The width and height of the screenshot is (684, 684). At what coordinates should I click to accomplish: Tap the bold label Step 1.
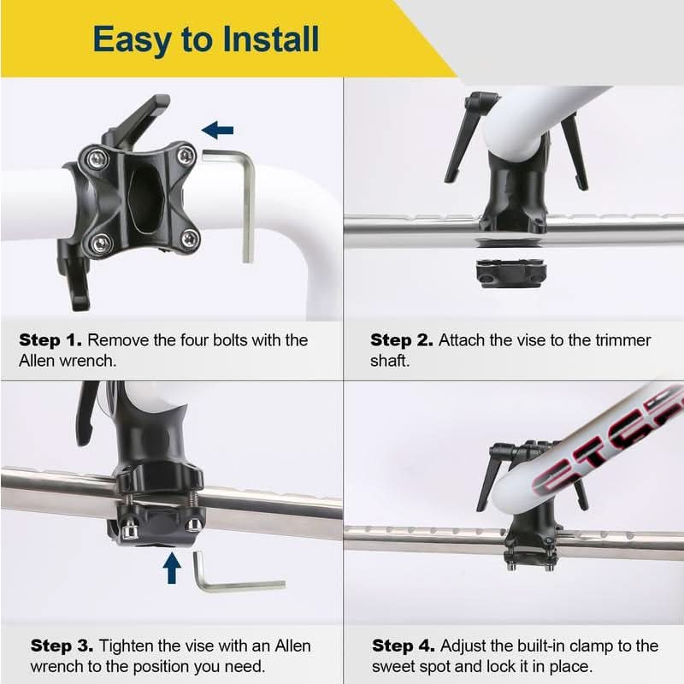coord(50,340)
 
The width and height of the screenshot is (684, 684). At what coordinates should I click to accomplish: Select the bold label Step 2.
coord(402,340)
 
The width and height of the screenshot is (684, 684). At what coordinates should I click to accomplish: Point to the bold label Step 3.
coord(62,646)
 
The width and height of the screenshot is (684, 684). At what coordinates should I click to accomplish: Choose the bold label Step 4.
coord(403,646)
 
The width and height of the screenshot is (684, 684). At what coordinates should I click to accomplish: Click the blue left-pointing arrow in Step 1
coord(218,130)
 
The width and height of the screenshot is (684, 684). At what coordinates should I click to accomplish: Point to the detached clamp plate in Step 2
coord(511,274)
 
